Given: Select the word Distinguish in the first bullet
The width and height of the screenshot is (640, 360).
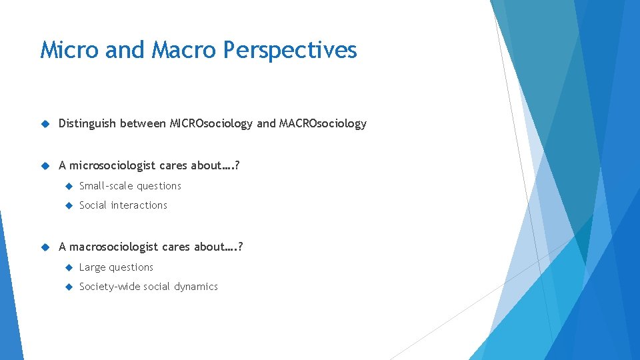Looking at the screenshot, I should [87, 123].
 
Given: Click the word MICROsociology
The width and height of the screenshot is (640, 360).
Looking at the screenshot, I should [211, 123].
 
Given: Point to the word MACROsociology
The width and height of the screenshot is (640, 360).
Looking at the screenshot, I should [323, 123].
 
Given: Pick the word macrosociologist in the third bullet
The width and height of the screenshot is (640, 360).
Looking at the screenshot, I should [115, 247].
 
